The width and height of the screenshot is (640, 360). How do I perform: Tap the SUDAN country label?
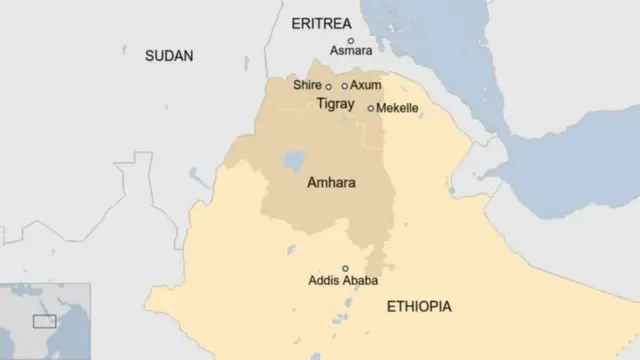pos(169,56)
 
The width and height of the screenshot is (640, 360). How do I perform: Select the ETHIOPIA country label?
pos(419,306)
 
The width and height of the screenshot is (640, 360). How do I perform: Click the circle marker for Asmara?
pos(350,40)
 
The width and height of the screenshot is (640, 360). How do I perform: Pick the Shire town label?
pos(307,86)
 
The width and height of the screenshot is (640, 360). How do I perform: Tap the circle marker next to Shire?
pos(328,87)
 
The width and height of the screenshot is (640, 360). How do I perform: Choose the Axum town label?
pos(365,86)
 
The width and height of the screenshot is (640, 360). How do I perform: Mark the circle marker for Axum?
pos(345,86)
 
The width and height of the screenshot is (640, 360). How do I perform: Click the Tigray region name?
pos(335,104)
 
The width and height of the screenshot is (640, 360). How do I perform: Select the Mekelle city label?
pos(397,108)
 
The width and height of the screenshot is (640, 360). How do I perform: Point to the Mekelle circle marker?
pos(371,108)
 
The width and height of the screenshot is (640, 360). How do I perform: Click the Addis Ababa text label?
pos(343,281)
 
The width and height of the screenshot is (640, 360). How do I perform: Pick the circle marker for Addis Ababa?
pos(346,268)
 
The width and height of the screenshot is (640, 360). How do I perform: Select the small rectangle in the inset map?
pos(44,321)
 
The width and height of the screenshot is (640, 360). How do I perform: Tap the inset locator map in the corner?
pos(45,321)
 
